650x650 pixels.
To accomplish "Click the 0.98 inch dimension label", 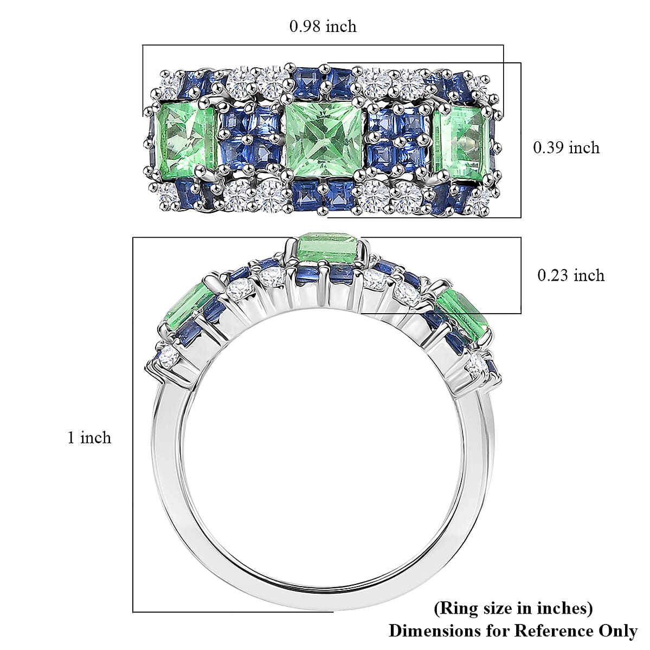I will pyautogui.click(x=323, y=26).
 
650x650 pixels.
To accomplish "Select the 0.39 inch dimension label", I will pyautogui.click(x=567, y=147).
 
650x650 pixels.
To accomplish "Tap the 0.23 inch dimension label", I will pyautogui.click(x=570, y=275).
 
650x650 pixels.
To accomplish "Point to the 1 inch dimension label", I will pyautogui.click(x=89, y=437).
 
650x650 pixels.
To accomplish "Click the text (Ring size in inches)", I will pyautogui.click(x=513, y=608).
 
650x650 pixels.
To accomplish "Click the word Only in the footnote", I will pyautogui.click(x=617, y=630).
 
